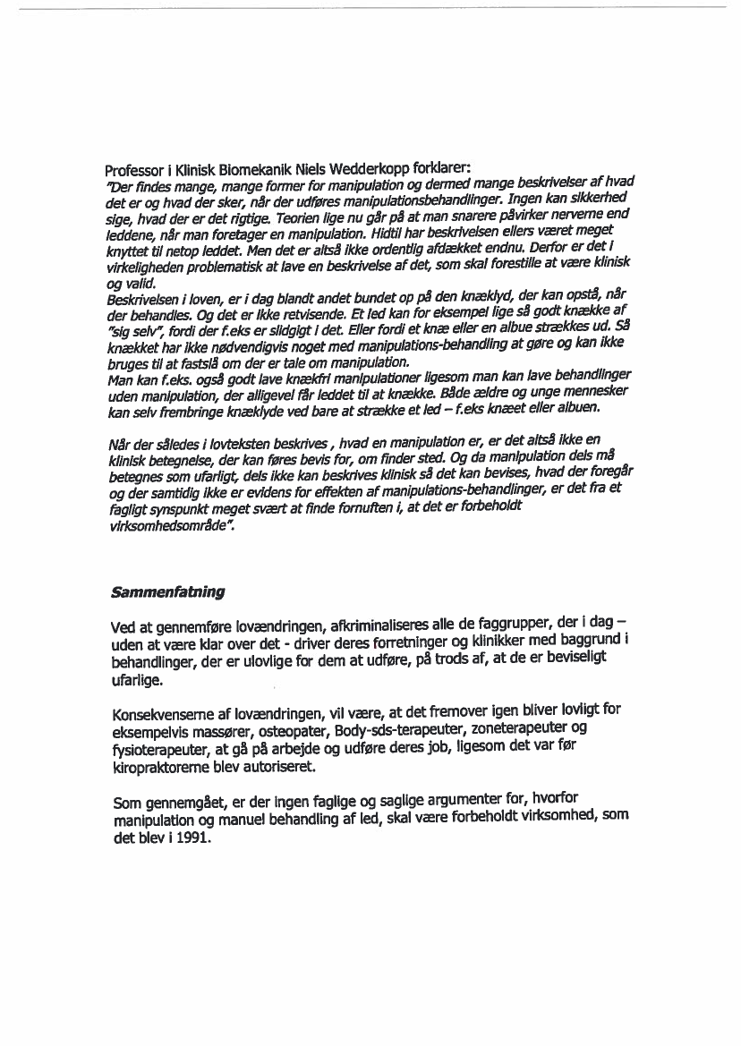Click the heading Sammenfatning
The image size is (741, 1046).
coord(167,592)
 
